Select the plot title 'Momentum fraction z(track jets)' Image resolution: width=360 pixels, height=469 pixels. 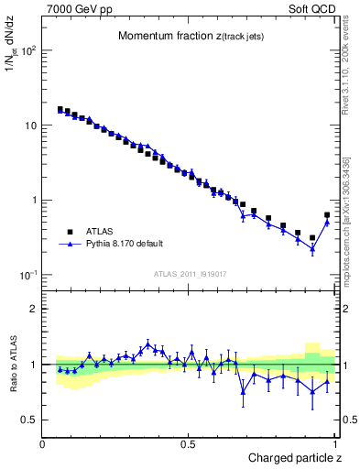(185, 37)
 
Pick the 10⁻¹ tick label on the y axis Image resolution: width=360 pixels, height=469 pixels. (27, 276)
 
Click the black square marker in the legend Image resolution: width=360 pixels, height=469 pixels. (69, 232)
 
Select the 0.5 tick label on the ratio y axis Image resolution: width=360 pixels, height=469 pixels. (30, 420)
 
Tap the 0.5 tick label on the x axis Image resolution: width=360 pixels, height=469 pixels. (189, 444)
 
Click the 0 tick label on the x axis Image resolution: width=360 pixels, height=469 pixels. (43, 444)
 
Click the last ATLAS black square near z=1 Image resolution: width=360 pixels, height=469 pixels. (327, 215)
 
